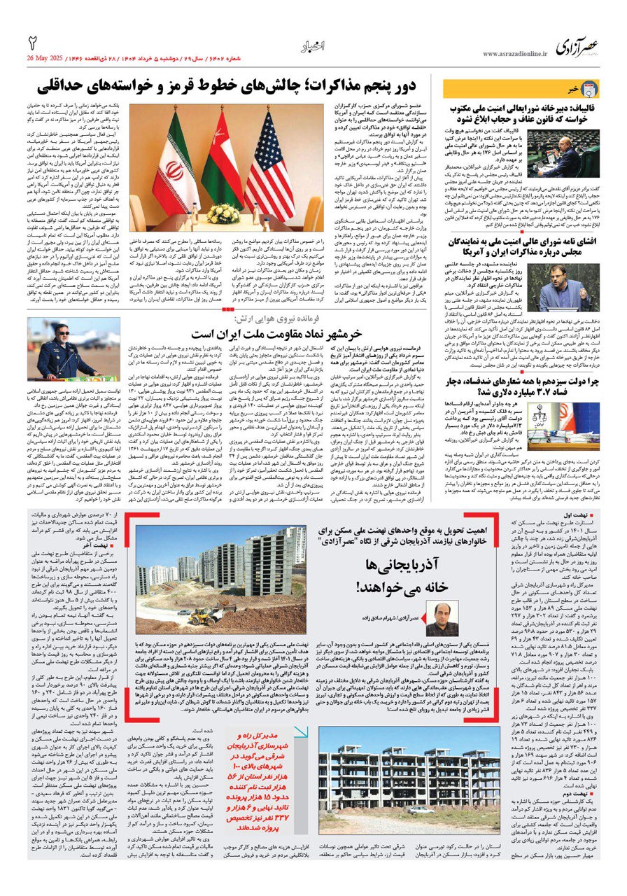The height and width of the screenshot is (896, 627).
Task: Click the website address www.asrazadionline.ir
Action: [x=514, y=53]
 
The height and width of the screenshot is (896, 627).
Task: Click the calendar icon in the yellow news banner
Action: [x=591, y=89]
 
